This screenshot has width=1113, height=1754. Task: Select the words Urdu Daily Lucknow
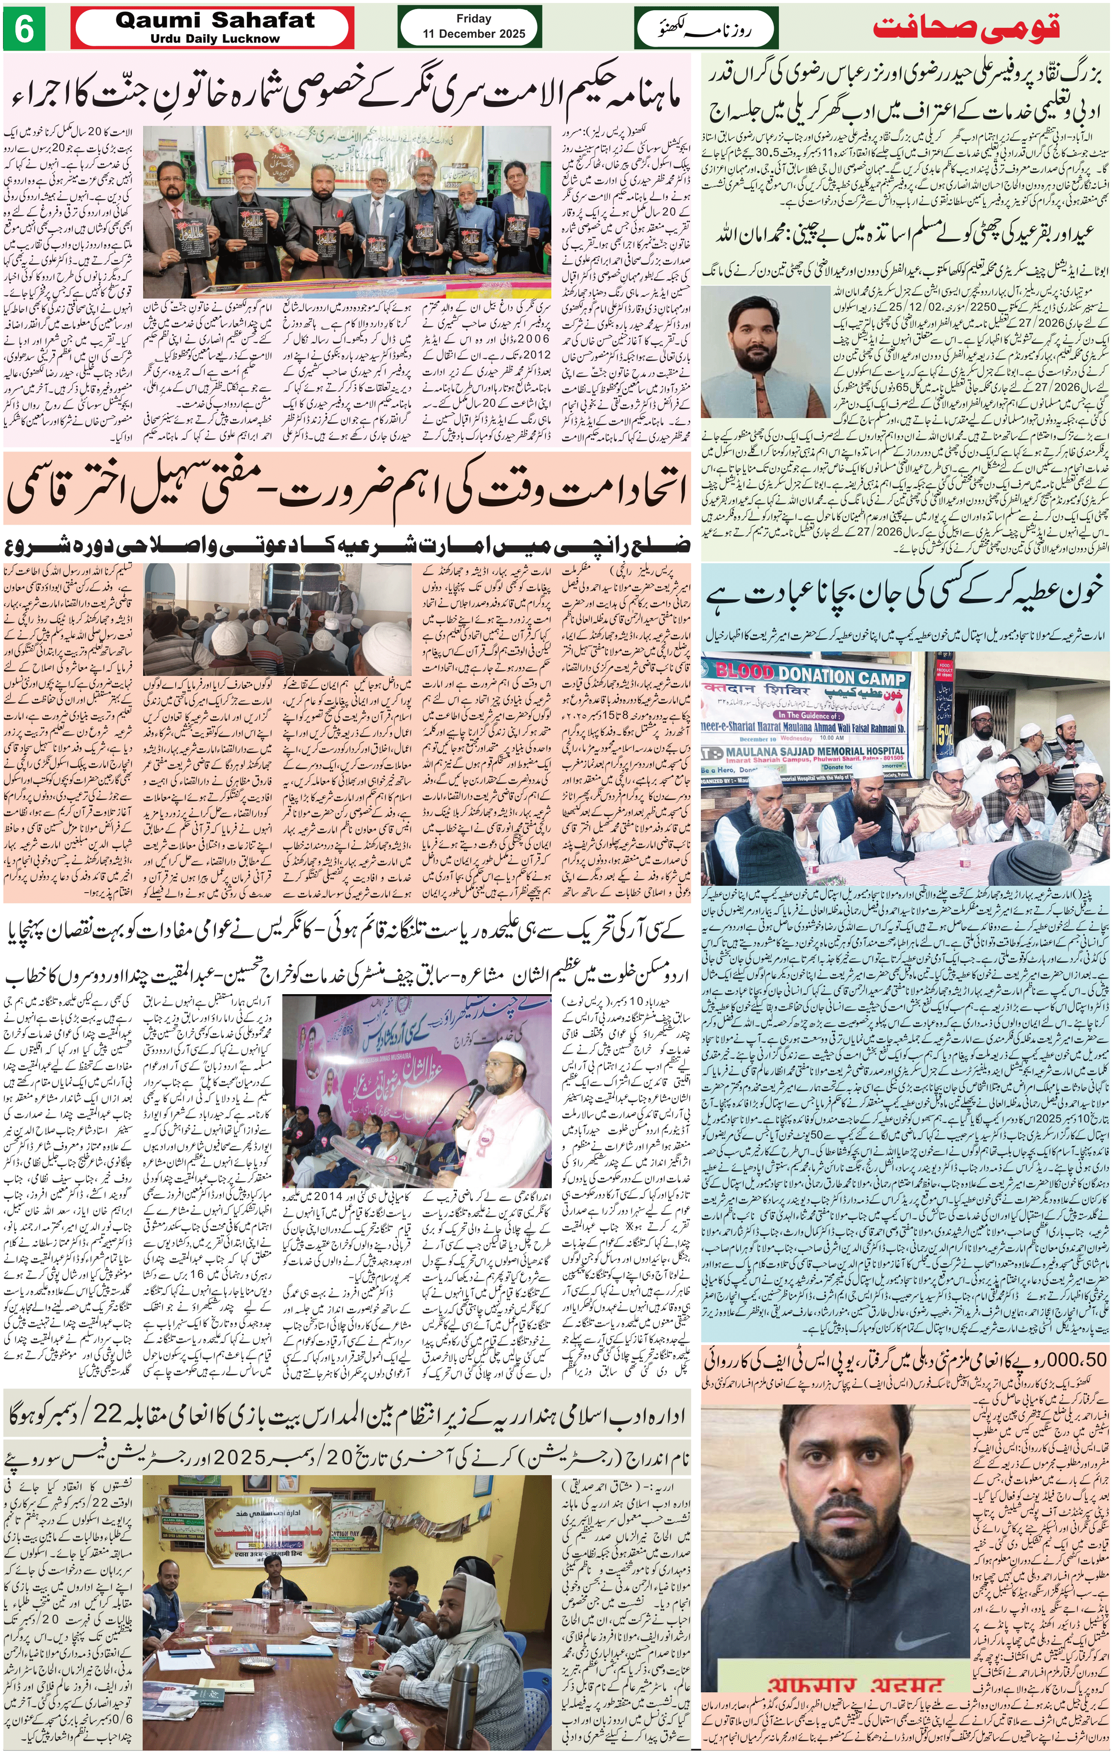(x=215, y=39)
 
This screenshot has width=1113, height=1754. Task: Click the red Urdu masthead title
(x=966, y=28)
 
